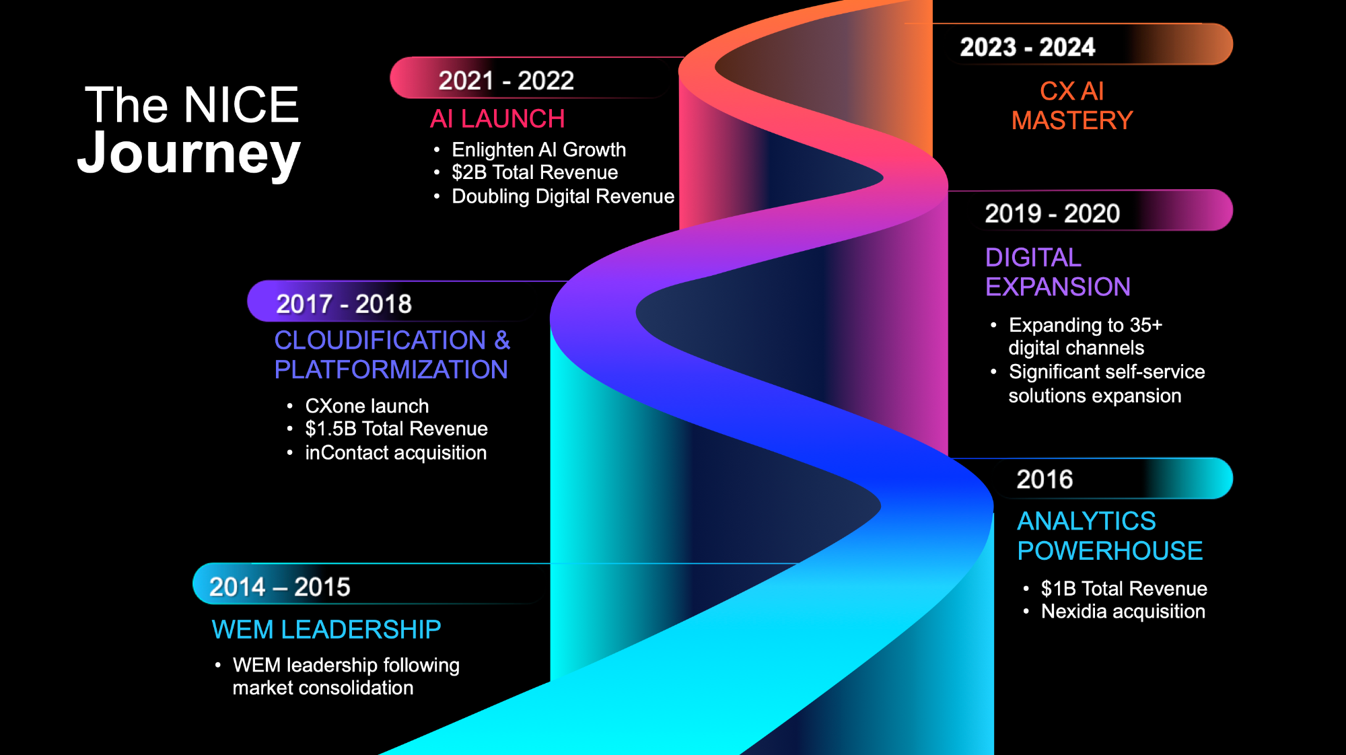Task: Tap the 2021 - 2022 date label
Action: tap(506, 81)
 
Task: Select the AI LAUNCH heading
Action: tap(497, 119)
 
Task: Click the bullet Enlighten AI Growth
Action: tap(538, 149)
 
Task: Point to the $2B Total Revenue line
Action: tap(534, 172)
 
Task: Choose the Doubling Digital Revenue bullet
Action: tap(563, 196)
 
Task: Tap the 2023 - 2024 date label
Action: tap(1027, 47)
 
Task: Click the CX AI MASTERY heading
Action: tap(1072, 106)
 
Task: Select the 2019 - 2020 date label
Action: tap(1052, 214)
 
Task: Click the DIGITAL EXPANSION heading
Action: tap(1057, 272)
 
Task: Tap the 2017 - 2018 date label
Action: tap(344, 304)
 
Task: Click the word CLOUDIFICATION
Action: tap(380, 340)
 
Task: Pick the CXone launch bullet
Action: tap(367, 406)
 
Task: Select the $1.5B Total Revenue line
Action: tap(396, 429)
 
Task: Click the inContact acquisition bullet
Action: tap(396, 453)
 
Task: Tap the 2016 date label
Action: tap(1044, 480)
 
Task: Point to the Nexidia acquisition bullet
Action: tap(1123, 612)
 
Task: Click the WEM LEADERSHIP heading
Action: tap(326, 630)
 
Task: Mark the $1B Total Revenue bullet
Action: tap(1124, 589)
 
